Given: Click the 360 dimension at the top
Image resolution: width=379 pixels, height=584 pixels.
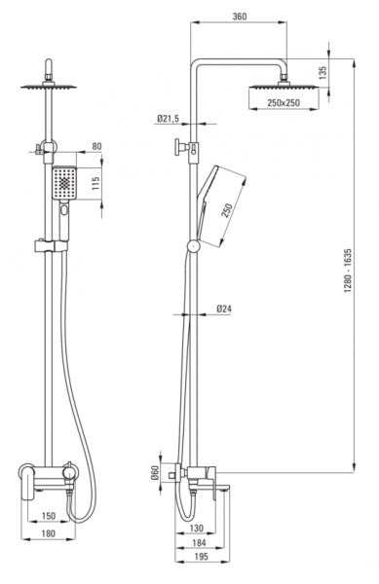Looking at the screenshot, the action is [240, 17].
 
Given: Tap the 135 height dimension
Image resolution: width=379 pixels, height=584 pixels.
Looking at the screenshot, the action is [323, 73].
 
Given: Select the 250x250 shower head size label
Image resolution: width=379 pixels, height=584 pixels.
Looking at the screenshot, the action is [284, 102].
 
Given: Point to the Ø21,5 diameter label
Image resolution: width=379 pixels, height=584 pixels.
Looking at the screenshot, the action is [169, 119].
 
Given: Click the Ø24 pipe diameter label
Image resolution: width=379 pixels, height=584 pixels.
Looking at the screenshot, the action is [224, 309].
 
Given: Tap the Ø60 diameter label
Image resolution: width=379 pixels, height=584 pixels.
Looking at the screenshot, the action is [155, 473].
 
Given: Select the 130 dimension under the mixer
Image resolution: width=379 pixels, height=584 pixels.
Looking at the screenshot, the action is [197, 528].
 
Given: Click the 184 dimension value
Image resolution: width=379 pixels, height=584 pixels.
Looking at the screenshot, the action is [199, 543].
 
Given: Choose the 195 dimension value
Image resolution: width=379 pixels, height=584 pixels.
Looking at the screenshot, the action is [202, 557].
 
